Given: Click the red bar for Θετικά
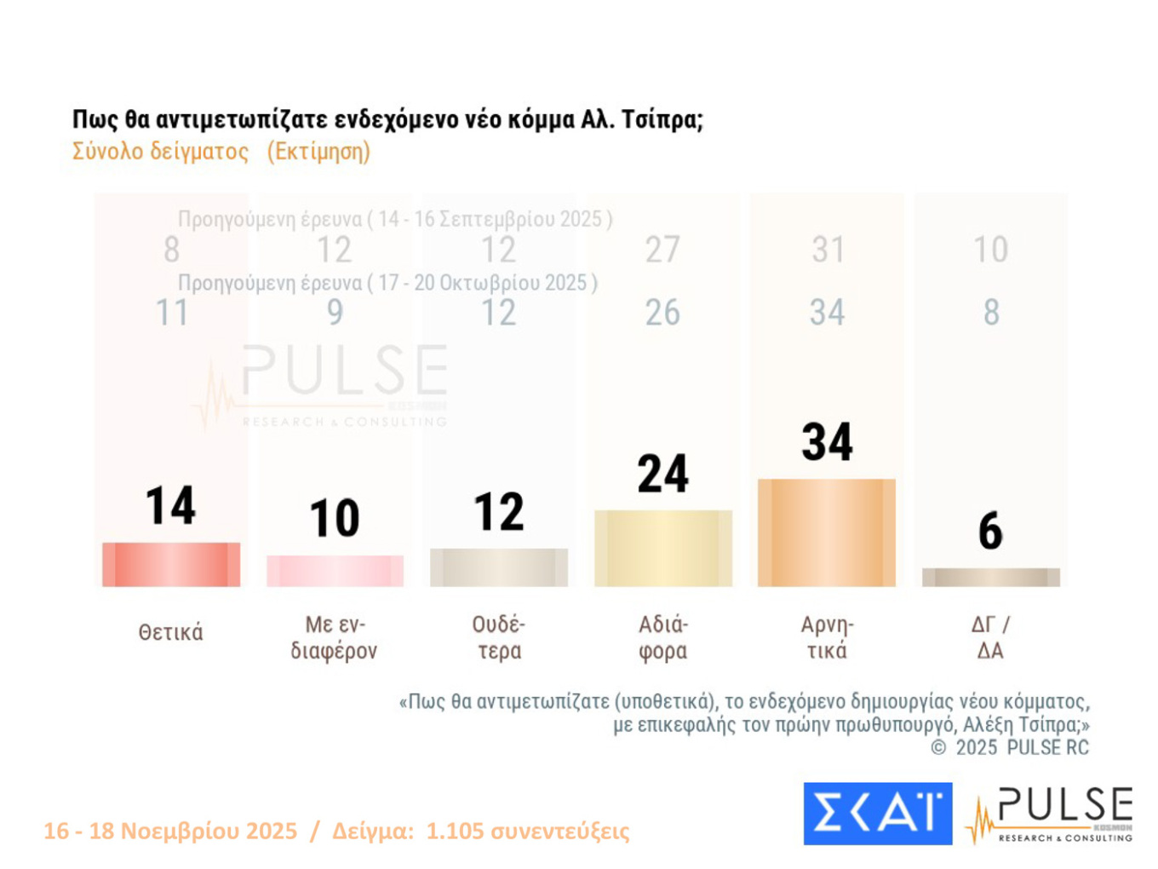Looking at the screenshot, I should click(171, 564).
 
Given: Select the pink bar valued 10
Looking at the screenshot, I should click(335, 571).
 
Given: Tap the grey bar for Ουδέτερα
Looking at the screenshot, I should click(499, 567).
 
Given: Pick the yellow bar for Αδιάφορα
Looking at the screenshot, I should click(663, 548).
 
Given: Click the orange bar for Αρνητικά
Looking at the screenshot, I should click(827, 532).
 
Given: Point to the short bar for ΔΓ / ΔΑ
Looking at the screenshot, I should click(991, 578).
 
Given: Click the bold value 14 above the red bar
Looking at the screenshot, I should click(171, 505).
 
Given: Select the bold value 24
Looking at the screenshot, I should click(663, 474).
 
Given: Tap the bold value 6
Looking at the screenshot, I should click(990, 531).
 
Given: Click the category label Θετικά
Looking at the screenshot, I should click(171, 633).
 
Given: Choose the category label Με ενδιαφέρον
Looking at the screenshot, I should click(334, 637).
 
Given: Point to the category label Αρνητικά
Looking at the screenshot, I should click(827, 637).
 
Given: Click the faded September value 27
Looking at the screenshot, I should click(662, 250).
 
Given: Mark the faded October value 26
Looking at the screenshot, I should click(662, 313).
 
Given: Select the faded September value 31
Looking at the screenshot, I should click(828, 250).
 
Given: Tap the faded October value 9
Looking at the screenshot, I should click(335, 313).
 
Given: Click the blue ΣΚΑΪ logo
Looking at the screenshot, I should click(878, 814).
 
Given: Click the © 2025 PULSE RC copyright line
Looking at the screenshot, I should click(1010, 748).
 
